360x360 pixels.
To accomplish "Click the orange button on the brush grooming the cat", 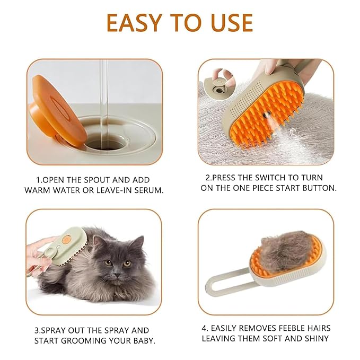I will pos(66,240).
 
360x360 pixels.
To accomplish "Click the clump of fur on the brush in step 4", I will pos(286,249).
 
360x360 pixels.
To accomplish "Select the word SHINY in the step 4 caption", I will pos(315,338).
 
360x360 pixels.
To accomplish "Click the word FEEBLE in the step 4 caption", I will pos(293,328).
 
